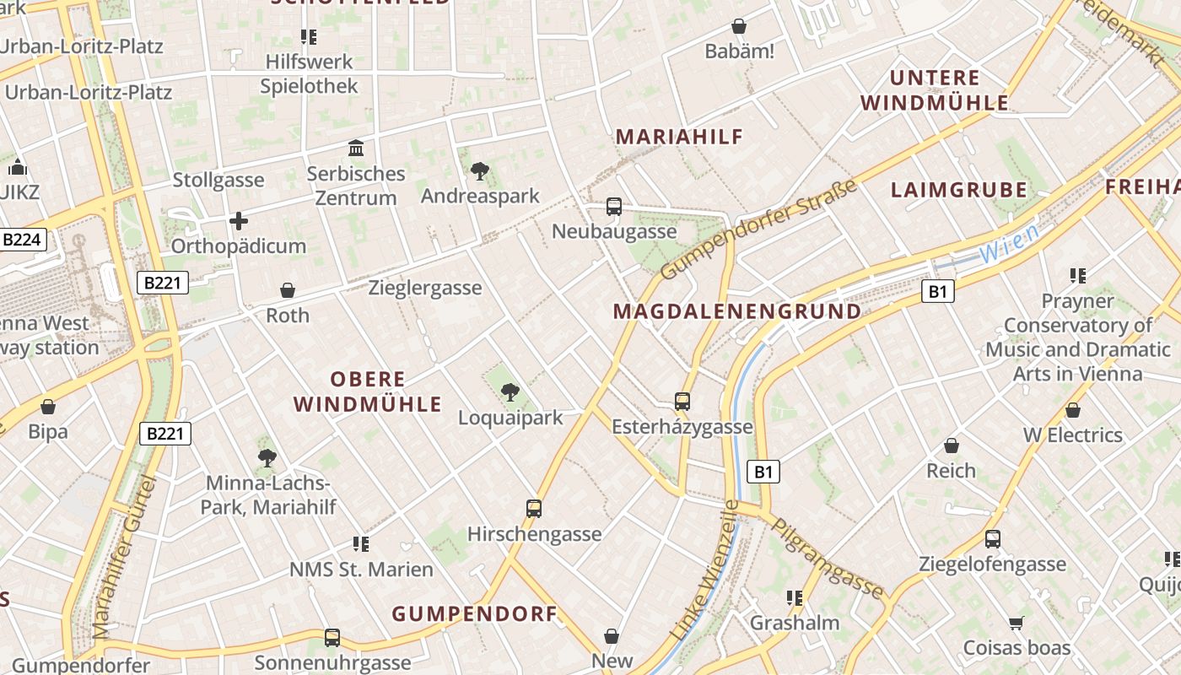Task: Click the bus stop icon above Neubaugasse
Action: coord(614,207)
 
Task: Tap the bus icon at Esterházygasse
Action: coord(682,402)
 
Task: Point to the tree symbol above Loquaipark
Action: coord(510,392)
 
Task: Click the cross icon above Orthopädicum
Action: coord(239,222)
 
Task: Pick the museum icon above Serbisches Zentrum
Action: coord(356,149)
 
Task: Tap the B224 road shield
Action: coord(21,240)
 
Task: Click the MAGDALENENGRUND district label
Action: coord(737,311)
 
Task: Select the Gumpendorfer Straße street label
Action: coord(759,229)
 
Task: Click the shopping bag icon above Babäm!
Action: coord(739,27)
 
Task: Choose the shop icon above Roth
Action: coord(288,291)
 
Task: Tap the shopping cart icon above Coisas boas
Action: coord(1017,624)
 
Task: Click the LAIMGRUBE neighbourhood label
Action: coord(959,190)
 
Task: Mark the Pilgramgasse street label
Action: coord(828,559)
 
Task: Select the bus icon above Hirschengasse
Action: coord(534,509)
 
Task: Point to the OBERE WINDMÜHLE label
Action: coord(368,391)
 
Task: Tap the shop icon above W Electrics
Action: coord(1073,411)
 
